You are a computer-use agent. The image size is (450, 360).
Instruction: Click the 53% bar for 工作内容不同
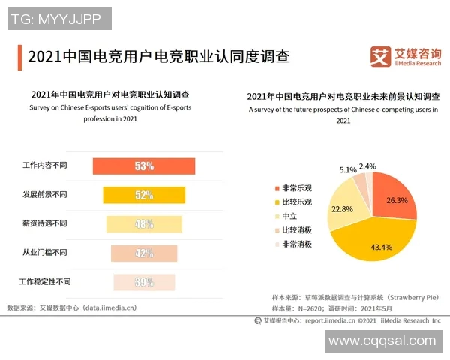(143, 166)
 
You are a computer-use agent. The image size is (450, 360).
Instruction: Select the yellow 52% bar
(143, 195)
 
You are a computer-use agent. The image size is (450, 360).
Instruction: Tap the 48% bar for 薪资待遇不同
(143, 223)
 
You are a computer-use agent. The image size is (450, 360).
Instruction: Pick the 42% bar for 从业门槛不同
(143, 253)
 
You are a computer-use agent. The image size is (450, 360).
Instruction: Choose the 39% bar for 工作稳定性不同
(143, 282)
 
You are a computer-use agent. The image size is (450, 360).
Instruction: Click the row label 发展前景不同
(44, 195)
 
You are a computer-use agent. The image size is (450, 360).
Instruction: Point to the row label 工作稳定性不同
(44, 282)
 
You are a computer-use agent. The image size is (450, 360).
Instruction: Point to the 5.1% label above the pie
(348, 169)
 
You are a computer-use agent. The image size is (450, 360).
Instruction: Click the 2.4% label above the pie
(367, 166)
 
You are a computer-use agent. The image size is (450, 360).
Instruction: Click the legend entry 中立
(289, 216)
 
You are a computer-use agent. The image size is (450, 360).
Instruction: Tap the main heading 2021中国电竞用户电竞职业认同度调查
(157, 56)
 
